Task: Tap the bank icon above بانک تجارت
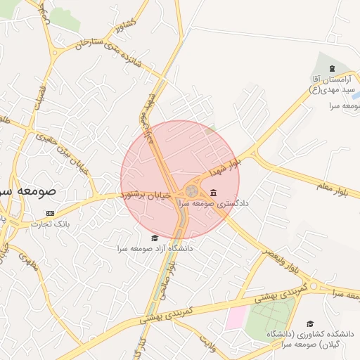click(x=49, y=213)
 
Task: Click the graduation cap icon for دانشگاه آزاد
click(x=155, y=238)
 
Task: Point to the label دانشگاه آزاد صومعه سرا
click(x=156, y=249)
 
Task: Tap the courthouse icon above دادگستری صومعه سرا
click(x=213, y=193)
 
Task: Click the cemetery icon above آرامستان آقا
click(x=331, y=68)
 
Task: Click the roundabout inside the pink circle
click(x=191, y=191)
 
